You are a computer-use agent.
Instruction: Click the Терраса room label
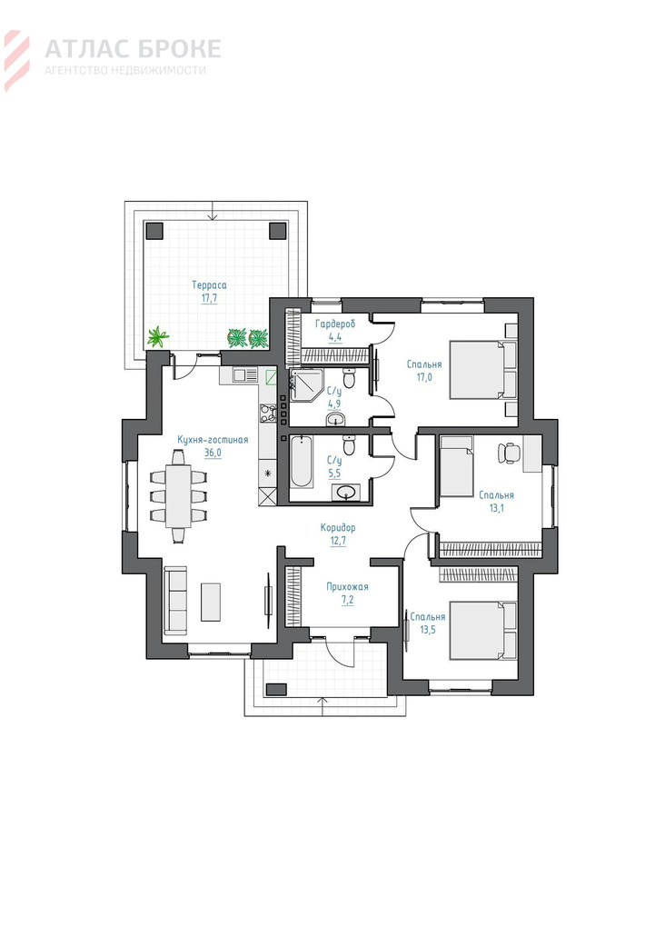point(209,285)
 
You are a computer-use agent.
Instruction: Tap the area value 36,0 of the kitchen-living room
point(213,453)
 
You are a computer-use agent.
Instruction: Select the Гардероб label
point(335,324)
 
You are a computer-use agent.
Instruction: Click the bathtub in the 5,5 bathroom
point(302,462)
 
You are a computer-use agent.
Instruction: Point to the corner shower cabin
point(305,384)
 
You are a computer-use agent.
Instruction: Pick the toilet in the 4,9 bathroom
point(349,378)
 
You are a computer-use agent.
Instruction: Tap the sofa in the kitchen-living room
point(175,598)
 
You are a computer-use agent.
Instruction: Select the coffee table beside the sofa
point(211,602)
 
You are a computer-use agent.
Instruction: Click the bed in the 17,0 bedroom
point(483,370)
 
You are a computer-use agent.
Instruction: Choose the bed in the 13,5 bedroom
point(483,630)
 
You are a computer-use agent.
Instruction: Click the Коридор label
point(338,527)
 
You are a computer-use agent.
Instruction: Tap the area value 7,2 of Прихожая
point(348,600)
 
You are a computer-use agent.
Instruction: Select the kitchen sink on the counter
point(244,374)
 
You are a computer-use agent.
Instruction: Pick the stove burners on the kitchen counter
point(268,413)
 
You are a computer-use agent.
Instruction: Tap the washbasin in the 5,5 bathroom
point(345,492)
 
